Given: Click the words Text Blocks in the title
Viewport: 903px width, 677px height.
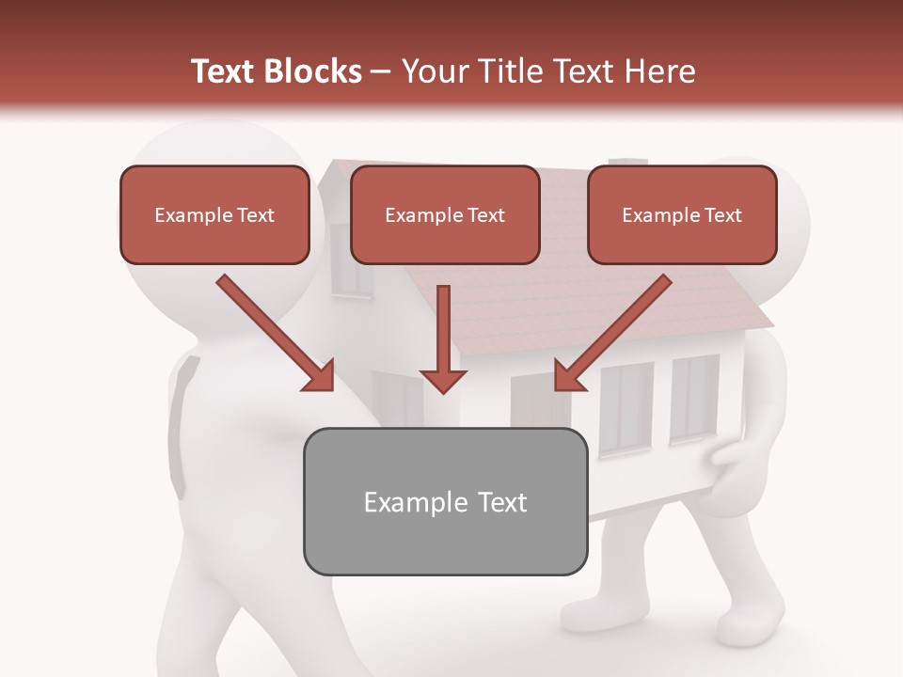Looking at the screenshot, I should click(x=276, y=71).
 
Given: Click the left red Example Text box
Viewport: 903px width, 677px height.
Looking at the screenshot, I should click(x=214, y=215).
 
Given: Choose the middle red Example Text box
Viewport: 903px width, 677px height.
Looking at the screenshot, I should click(x=445, y=215).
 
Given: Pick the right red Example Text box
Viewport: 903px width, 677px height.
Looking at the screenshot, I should click(x=682, y=215).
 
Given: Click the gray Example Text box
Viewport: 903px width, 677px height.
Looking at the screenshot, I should click(x=445, y=502).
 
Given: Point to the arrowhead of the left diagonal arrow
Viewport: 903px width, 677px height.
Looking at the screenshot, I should click(x=320, y=378).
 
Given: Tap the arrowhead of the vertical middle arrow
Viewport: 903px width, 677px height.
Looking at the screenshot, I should click(x=443, y=379).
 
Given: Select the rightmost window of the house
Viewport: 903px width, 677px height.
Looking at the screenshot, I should click(x=694, y=398).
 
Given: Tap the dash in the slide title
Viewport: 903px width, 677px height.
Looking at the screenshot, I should click(x=381, y=71).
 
